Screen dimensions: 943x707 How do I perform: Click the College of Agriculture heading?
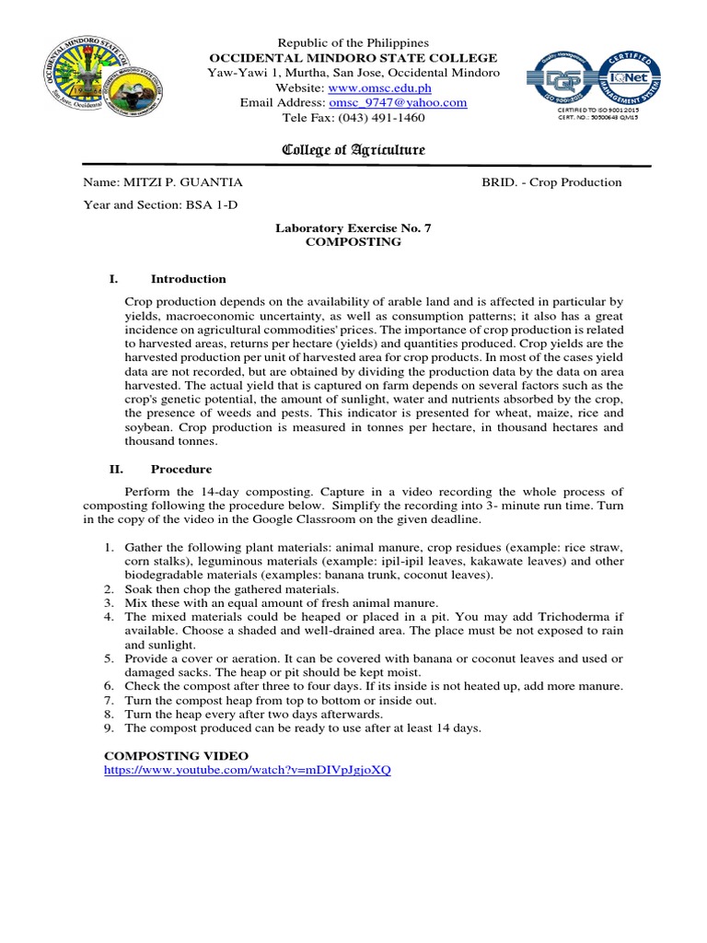pyautogui.click(x=353, y=150)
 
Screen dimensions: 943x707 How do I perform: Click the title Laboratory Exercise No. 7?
pyautogui.click(x=353, y=227)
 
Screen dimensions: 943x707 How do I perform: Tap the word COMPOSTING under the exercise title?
pyautogui.click(x=353, y=241)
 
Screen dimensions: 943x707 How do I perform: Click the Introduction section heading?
pyautogui.click(x=188, y=279)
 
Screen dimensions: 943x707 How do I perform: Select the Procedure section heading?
pyautogui.click(x=181, y=469)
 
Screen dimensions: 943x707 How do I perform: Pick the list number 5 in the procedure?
pyautogui.click(x=108, y=658)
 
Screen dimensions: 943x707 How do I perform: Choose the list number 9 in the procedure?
pyautogui.click(x=108, y=728)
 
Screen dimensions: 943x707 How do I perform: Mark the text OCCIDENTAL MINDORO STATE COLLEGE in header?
pyautogui.click(x=353, y=58)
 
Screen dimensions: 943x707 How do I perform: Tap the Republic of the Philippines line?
pyautogui.click(x=353, y=43)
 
